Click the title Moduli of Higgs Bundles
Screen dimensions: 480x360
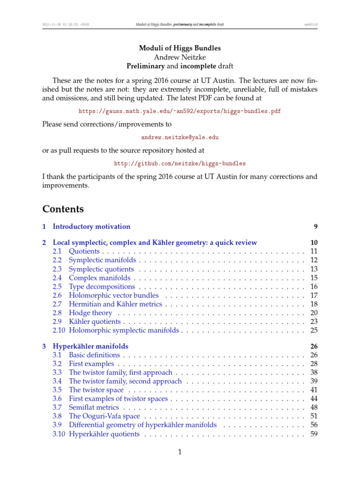[180, 48]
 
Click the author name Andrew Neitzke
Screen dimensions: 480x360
[180, 57]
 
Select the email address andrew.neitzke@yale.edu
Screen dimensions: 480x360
[180, 138]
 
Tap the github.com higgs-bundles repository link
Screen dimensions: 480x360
[180, 164]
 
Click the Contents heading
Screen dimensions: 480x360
[63, 209]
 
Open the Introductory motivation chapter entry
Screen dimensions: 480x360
[91, 227]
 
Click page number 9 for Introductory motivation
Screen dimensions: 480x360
[316, 227]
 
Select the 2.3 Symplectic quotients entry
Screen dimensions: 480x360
[101, 269]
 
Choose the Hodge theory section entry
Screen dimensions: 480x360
[90, 313]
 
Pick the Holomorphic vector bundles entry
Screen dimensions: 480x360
[113, 295]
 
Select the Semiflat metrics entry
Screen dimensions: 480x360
[94, 407]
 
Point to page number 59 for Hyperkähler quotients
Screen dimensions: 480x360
[314, 434]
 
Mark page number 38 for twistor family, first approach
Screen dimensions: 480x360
[314, 373]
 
